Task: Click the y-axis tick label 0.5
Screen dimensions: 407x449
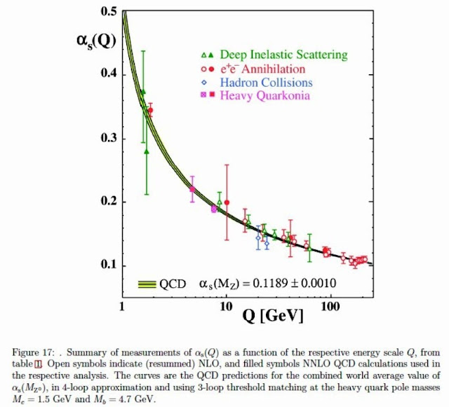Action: tap(107, 12)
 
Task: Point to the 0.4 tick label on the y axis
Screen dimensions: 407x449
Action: tap(107, 75)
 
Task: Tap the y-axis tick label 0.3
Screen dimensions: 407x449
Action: tap(107, 139)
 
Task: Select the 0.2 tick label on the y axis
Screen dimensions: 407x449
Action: tap(107, 202)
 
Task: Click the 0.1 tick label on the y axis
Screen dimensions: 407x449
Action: tap(107, 265)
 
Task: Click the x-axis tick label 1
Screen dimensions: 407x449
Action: tap(123, 307)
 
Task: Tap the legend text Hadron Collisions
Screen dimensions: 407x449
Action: tap(266, 83)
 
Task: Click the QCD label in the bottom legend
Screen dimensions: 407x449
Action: tap(173, 284)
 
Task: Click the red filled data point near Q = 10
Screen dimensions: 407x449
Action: tap(227, 202)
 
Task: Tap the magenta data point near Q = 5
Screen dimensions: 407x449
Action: tap(192, 189)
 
